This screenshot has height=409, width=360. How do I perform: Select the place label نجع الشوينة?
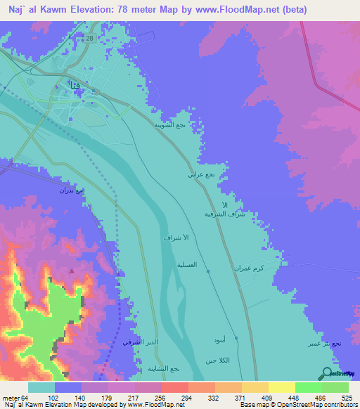tap(171, 124)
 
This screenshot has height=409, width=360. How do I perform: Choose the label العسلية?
tap(195, 265)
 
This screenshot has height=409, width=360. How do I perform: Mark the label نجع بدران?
tap(75, 190)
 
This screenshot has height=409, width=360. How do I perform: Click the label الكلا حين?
tap(218, 361)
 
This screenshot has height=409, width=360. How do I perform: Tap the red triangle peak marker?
tap(71, 271)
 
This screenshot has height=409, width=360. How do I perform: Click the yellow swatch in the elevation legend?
tap(282, 387)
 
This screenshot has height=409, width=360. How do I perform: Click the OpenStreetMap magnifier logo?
tap(326, 373)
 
